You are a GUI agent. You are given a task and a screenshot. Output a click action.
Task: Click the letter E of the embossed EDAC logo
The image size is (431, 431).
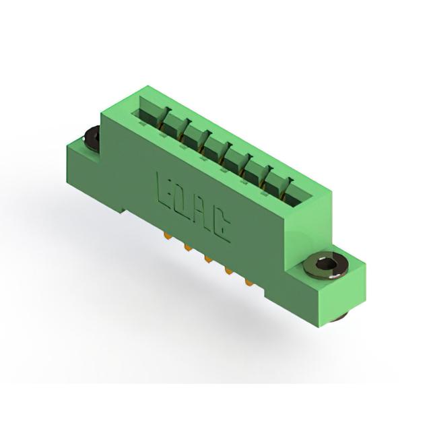click(165, 190)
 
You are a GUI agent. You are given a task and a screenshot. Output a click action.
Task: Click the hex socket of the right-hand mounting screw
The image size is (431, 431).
click(325, 265)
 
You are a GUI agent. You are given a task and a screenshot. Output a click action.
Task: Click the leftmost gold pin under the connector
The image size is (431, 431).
click(166, 235)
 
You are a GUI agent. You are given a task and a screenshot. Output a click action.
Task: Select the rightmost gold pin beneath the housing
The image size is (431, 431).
click(248, 283)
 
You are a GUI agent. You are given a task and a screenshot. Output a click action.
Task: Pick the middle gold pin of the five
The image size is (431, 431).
click(208, 259)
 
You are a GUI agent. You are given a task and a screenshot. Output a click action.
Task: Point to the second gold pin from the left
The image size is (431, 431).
click(188, 248)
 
